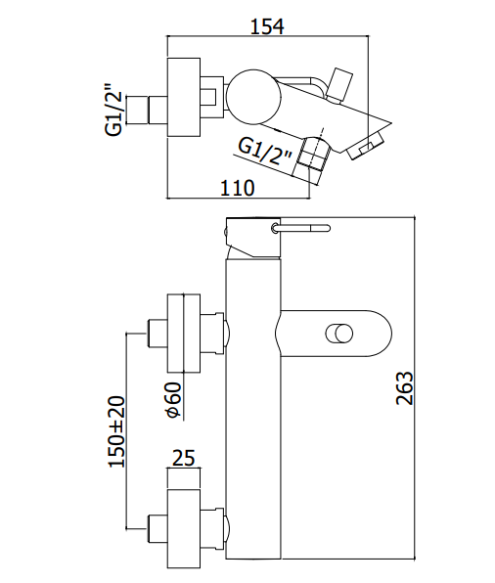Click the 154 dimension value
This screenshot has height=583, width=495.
(267, 26)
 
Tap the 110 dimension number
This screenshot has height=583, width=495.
(238, 188)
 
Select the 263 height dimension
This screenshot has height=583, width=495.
(405, 387)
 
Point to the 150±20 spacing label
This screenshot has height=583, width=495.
(116, 431)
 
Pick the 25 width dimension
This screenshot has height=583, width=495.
(183, 458)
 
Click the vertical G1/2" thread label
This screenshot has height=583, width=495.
(113, 109)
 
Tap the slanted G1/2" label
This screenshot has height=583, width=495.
(265, 153)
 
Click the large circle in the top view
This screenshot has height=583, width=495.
(251, 97)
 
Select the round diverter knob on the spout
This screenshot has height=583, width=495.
(338, 334)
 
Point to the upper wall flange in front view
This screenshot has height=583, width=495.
(184, 334)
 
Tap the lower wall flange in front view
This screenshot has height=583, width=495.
(184, 528)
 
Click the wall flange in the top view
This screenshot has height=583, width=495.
(184, 97)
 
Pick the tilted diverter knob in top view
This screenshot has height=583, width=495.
(339, 84)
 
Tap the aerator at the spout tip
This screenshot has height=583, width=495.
(365, 147)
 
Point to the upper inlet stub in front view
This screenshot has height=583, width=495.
(157, 334)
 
